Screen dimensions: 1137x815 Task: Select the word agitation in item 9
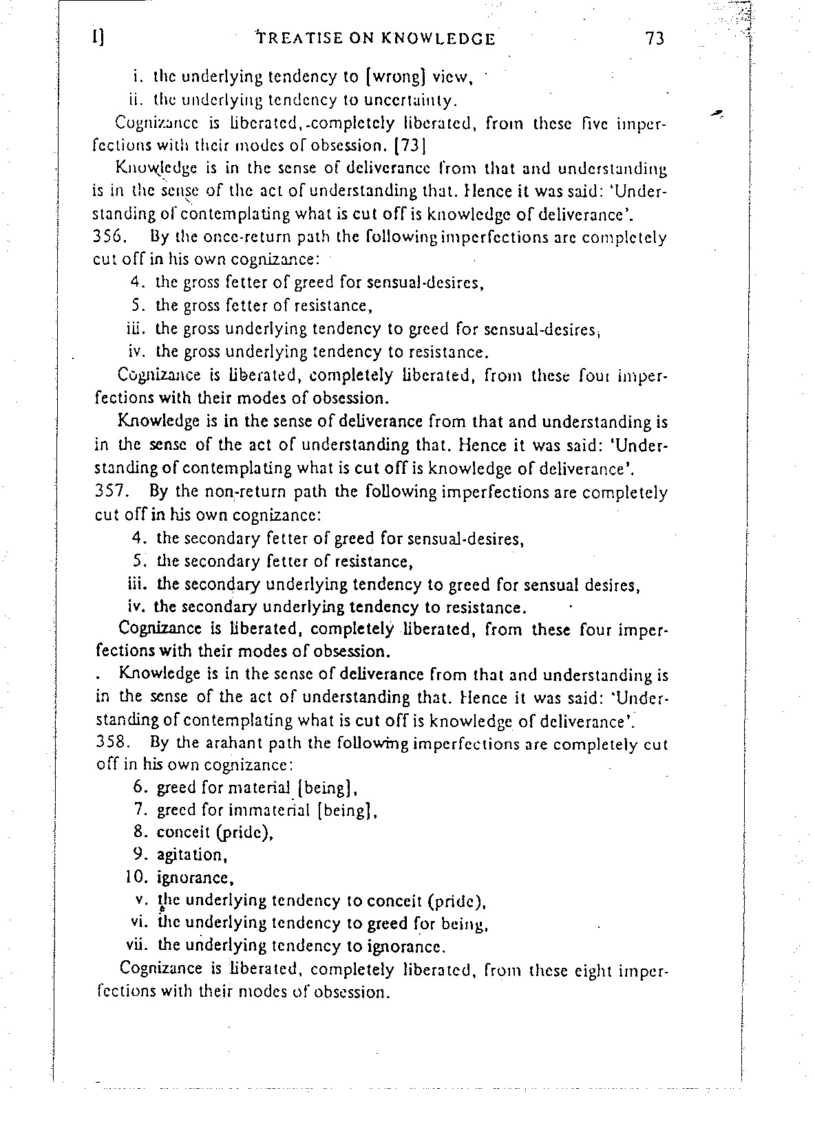pyautogui.click(x=191, y=855)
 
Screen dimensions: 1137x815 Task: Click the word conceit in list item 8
pyautogui.click(x=183, y=832)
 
